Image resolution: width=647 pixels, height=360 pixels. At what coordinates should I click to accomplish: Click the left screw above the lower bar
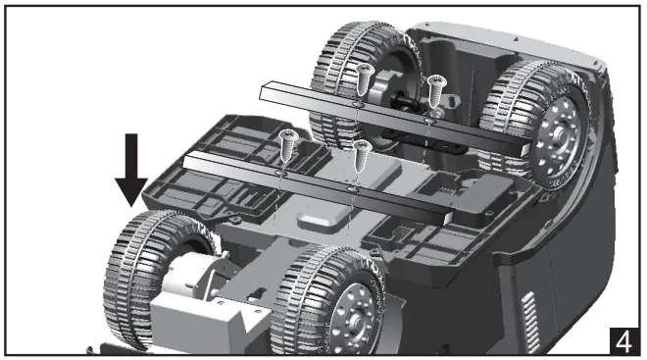coord(287,142)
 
